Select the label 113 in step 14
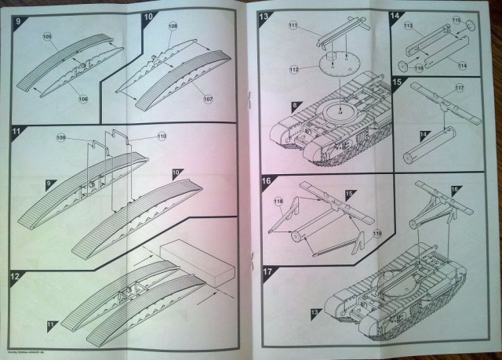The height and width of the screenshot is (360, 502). click(409, 25)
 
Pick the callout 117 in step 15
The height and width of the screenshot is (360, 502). click(460, 87)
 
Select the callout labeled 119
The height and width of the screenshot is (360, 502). click(376, 231)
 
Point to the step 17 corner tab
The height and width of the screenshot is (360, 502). click(267, 271)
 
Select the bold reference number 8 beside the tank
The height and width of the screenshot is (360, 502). click(272, 106)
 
